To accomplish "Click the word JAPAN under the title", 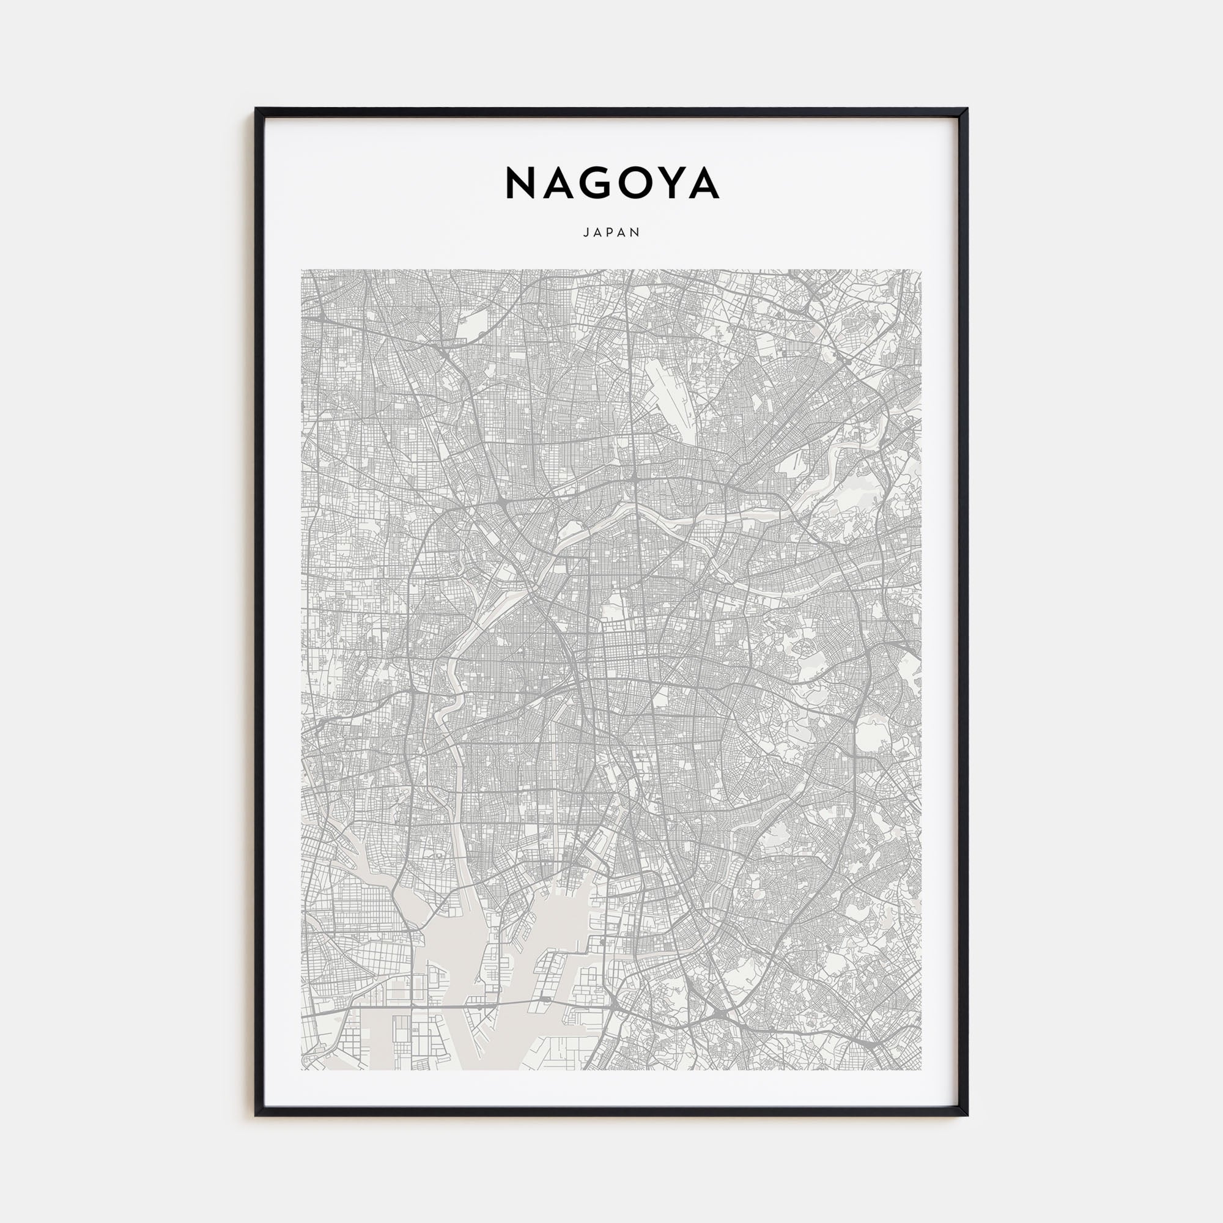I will click(x=611, y=232).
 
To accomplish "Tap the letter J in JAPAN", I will click(x=586, y=232).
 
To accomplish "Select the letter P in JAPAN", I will click(x=611, y=232).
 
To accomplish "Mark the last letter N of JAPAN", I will click(x=637, y=232).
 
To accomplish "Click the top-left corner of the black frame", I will click(x=257, y=109).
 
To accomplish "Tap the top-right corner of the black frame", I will click(x=966, y=109).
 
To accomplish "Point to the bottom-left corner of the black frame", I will click(x=257, y=1114).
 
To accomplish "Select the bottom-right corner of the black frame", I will click(x=966, y=1114).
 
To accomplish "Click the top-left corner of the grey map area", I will click(x=302, y=270).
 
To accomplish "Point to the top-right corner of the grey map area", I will click(x=921, y=270).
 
